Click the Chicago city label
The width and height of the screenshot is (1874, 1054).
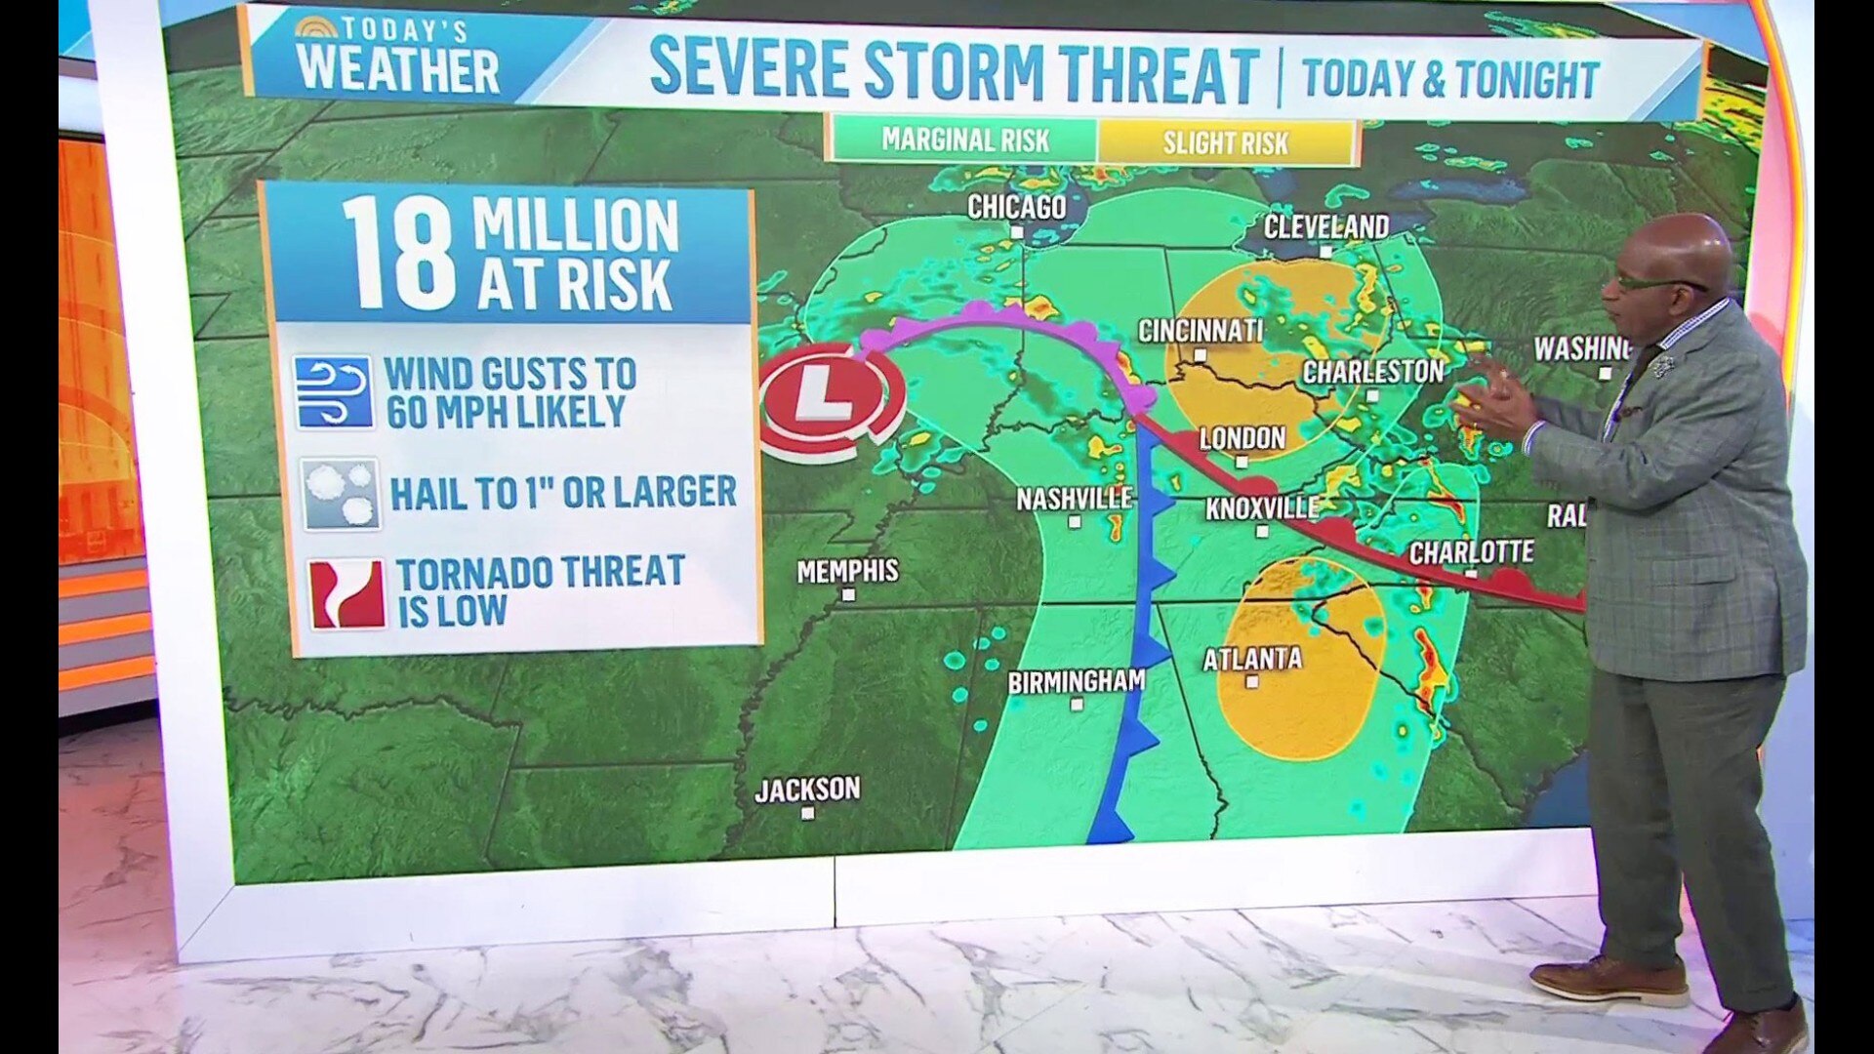[1016, 207]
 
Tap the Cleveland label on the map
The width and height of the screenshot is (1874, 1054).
[1325, 227]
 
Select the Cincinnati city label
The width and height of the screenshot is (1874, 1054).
[1201, 331]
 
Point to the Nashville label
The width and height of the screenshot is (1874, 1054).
[1074, 499]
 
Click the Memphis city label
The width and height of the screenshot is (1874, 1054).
[847, 571]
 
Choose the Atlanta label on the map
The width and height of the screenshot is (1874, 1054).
[1252, 660]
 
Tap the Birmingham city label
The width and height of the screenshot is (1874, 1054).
[1076, 681]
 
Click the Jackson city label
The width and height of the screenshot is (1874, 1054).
[807, 789]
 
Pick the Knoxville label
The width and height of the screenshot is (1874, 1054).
[1262, 508]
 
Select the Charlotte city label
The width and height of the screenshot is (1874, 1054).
[1471, 552]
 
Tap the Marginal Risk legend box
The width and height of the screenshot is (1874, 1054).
[964, 141]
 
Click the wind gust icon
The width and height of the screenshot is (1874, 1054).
[334, 392]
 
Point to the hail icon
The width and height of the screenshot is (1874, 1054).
[340, 494]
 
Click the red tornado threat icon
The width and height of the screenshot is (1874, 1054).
[346, 593]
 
